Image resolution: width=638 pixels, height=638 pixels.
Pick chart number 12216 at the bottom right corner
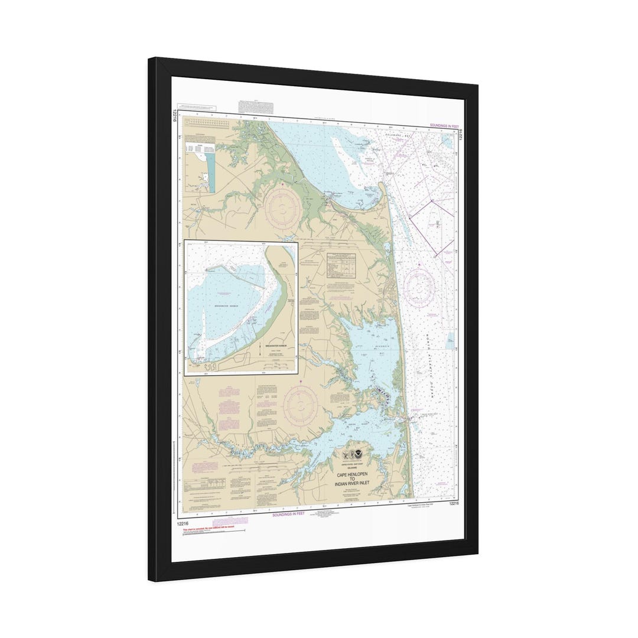(x=454, y=504)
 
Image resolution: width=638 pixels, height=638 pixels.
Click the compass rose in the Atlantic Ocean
(x=421, y=288)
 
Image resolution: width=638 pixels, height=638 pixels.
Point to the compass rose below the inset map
(x=300, y=407)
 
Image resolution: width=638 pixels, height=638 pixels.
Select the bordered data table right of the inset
(x=341, y=265)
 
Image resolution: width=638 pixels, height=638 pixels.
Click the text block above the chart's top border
(x=256, y=107)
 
